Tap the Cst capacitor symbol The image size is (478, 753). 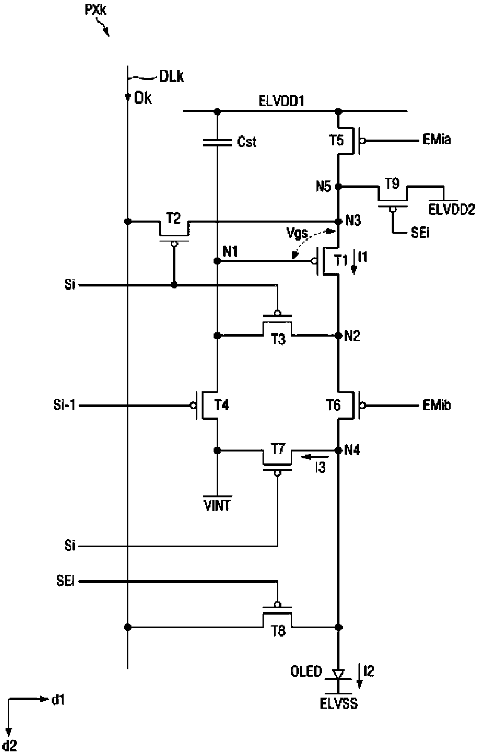click(x=217, y=142)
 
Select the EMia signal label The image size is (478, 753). click(x=437, y=140)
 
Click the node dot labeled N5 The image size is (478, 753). click(x=338, y=187)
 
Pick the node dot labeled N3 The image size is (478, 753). click(x=338, y=222)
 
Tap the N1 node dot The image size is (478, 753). click(x=217, y=261)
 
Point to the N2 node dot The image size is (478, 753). click(x=338, y=335)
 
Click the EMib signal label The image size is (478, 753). click(x=437, y=405)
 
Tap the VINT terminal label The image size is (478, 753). click(x=217, y=505)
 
